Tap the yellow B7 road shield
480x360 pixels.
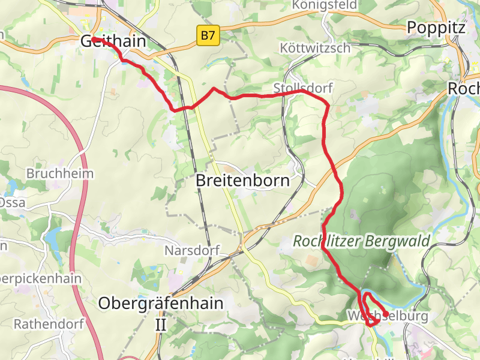click(x=208, y=36)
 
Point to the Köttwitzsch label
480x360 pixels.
click(x=315, y=48)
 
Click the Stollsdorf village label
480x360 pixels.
click(x=302, y=88)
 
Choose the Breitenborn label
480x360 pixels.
click(x=243, y=180)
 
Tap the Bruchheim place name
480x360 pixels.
click(x=60, y=173)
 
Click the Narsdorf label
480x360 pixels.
click(x=191, y=250)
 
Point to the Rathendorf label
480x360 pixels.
click(x=43, y=324)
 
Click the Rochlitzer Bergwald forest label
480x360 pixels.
click(x=361, y=242)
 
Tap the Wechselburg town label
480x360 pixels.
click(x=387, y=316)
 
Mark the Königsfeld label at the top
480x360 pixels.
click(x=320, y=5)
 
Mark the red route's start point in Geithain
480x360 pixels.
click(x=94, y=39)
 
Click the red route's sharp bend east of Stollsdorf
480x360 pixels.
click(x=327, y=106)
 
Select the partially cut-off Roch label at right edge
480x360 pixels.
click(x=463, y=88)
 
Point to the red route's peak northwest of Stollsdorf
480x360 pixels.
click(x=214, y=89)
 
